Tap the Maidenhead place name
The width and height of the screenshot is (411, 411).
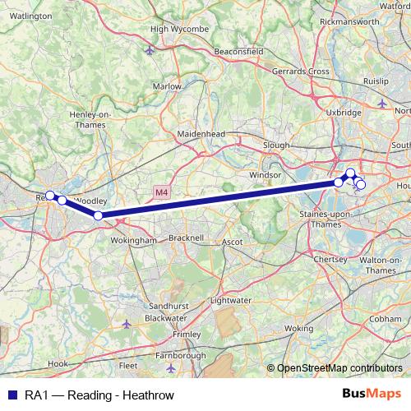[200, 132]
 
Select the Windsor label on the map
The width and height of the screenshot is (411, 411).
[265, 175]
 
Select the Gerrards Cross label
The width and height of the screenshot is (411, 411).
[302, 72]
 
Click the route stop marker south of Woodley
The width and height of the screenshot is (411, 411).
[98, 215]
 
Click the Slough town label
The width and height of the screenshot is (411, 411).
[275, 144]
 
